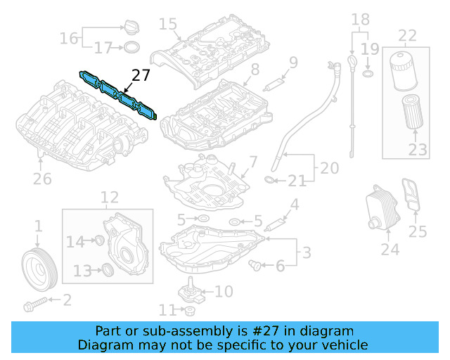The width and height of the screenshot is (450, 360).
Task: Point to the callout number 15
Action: pos(167,25)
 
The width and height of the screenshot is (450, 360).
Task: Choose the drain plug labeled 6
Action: pos(255,265)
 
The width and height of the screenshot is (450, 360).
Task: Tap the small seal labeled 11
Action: pos(190,311)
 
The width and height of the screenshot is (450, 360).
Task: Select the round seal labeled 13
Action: pos(107,269)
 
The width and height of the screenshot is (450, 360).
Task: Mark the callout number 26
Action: pos(42,179)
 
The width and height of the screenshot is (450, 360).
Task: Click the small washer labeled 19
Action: pos(366,73)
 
